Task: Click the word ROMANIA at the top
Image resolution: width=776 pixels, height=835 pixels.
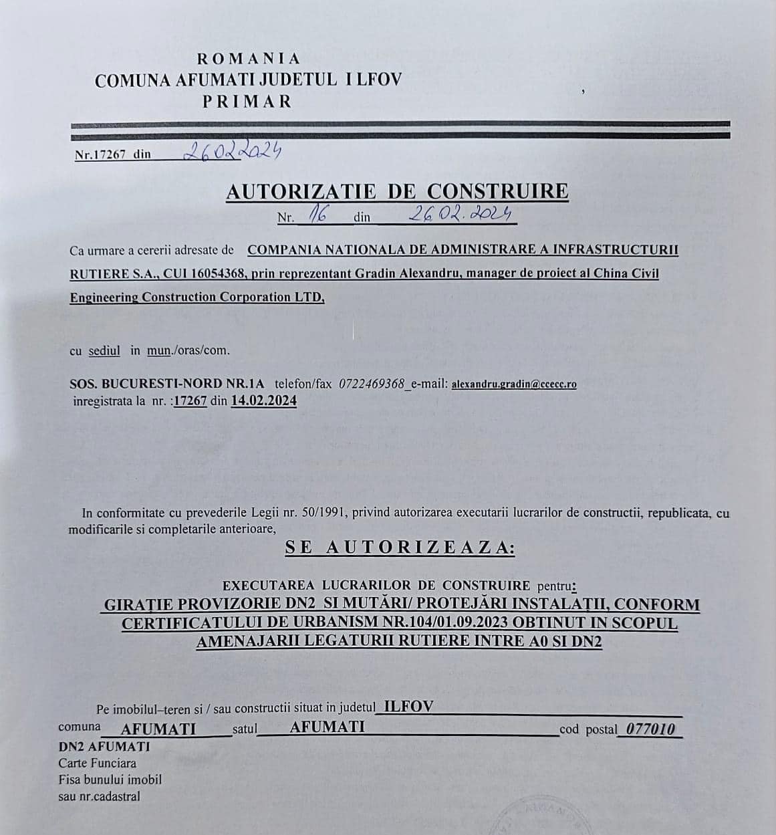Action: (249, 59)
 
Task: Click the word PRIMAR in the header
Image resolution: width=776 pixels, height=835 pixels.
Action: (248, 102)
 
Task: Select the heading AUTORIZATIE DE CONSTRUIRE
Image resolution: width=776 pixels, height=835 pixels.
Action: (397, 191)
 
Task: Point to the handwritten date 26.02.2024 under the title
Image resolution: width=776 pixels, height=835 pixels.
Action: (460, 213)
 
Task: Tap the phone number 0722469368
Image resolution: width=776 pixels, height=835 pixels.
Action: (372, 384)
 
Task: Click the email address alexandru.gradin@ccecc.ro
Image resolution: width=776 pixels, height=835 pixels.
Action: (514, 384)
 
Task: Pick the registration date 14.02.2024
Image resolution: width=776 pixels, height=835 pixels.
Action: (264, 400)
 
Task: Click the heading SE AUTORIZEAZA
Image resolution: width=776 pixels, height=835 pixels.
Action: (400, 547)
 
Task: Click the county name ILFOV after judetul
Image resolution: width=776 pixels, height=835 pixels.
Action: (404, 707)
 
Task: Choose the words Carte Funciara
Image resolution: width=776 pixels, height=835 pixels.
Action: (98, 763)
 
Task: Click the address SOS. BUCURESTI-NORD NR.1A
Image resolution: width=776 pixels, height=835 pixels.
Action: (167, 384)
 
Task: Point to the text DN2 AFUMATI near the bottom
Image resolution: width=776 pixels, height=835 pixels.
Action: (104, 746)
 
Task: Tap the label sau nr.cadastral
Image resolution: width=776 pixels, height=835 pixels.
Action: (100, 796)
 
